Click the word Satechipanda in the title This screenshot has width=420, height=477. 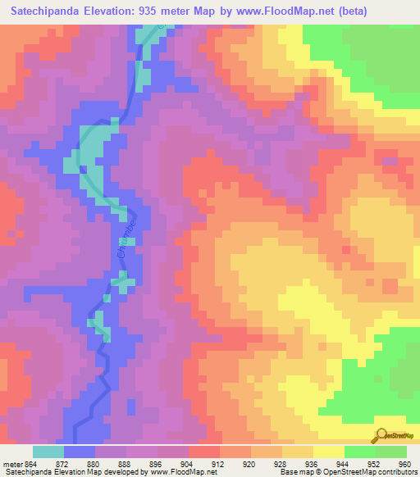48,11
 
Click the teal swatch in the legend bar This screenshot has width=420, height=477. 48,452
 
